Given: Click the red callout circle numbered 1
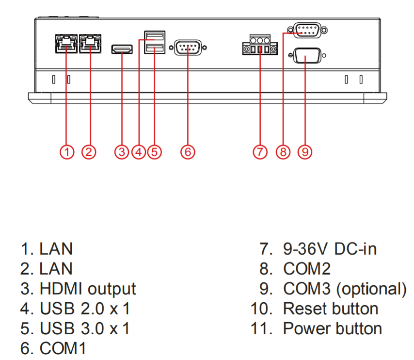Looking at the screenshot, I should click(67, 151).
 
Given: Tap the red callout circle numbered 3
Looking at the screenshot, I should click(122, 151).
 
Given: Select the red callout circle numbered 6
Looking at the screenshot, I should click(188, 151).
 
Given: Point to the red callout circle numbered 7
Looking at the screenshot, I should click(260, 151).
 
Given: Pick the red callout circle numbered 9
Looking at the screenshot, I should click(305, 151).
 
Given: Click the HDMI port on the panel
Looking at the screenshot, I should click(122, 49).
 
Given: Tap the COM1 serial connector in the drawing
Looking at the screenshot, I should click(188, 49).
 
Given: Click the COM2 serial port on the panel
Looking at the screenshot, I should click(305, 31).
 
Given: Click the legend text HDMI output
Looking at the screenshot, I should click(88, 289).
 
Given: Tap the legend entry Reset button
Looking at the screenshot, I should click(330, 309).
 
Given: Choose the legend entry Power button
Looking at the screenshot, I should click(332, 328).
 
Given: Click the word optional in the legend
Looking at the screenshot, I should click(371, 289).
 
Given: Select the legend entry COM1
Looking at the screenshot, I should click(63, 348).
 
